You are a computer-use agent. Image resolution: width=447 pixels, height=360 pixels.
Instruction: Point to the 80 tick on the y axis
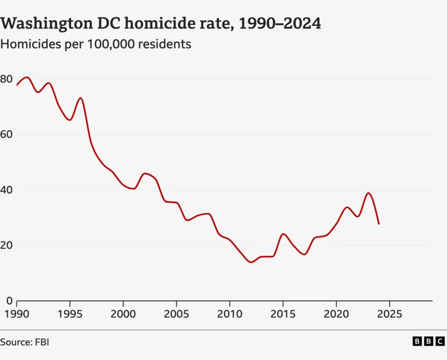[x=6, y=79]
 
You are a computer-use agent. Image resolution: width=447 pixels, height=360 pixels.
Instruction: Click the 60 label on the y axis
[x=6, y=134]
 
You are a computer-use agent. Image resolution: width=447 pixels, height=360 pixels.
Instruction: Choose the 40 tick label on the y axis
[x=6, y=190]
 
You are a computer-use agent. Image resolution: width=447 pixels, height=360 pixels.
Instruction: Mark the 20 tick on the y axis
[x=6, y=245]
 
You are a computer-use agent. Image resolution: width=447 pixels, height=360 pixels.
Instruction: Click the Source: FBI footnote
[x=25, y=341]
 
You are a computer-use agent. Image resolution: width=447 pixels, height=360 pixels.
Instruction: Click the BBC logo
[x=429, y=341]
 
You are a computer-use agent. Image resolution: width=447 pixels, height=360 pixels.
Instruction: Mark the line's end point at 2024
[x=379, y=224]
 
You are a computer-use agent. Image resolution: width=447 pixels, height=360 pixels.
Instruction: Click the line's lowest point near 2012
[x=251, y=262]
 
